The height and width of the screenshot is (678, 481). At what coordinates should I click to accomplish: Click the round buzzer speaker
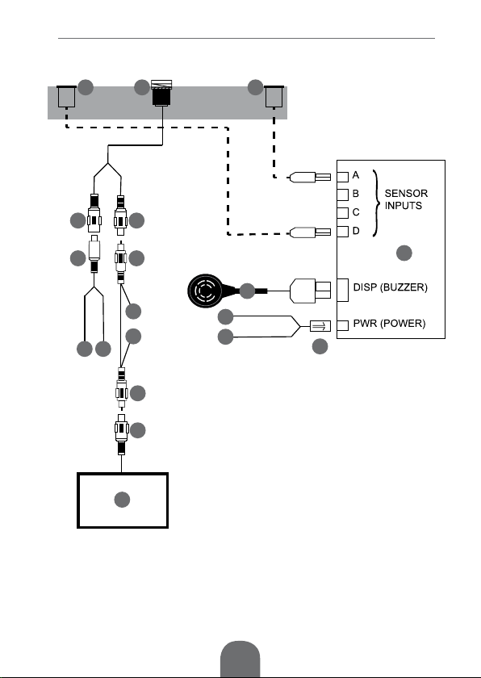[205, 291]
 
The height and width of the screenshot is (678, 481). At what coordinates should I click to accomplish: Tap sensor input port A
[342, 177]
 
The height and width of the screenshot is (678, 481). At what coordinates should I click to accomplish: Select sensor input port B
[342, 195]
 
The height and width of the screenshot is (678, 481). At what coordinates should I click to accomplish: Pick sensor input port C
[342, 213]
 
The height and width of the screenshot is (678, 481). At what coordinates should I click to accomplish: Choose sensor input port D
[342, 232]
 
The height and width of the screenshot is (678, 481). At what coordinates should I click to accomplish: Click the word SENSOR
[406, 193]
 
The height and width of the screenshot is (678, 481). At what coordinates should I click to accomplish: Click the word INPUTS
[404, 206]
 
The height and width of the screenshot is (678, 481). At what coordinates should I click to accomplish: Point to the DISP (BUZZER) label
[391, 287]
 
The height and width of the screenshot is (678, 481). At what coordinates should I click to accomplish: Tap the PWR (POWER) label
[389, 324]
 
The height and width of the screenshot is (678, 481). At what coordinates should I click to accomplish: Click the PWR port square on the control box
[342, 325]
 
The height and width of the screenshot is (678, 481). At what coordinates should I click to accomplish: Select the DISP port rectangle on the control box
[342, 290]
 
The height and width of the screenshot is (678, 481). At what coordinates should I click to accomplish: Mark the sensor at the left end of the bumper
[66, 96]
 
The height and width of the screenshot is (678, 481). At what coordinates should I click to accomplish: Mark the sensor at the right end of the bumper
[274, 96]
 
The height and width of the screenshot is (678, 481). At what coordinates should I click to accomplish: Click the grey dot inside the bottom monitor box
[122, 500]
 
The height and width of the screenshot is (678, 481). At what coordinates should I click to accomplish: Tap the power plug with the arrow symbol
[320, 326]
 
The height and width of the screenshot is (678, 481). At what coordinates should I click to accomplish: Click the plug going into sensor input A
[309, 178]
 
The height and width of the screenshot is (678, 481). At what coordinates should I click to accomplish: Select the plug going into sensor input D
[309, 232]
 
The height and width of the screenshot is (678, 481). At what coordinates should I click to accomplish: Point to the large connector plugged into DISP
[310, 291]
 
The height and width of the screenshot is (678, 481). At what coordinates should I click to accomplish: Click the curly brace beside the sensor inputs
[377, 203]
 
